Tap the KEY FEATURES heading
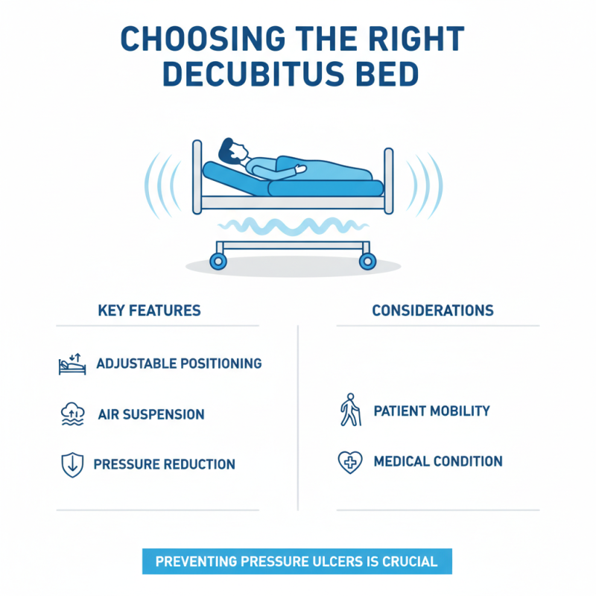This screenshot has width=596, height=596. pyautogui.click(x=149, y=310)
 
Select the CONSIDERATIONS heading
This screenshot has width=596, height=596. pyautogui.click(x=433, y=310)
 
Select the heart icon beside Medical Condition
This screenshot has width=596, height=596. pyautogui.click(x=349, y=462)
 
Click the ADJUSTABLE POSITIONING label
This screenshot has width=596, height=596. pyautogui.click(x=179, y=364)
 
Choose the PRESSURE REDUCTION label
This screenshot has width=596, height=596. pyautogui.click(x=164, y=465)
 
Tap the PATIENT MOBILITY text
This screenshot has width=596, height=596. pyautogui.click(x=431, y=411)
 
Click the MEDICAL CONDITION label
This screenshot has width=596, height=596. pyautogui.click(x=438, y=462)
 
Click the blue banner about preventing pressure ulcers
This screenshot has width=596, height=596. pyautogui.click(x=297, y=561)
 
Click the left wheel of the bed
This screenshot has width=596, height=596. pyautogui.click(x=218, y=261)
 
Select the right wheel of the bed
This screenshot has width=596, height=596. pyautogui.click(x=367, y=261)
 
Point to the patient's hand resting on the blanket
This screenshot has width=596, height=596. pyautogui.click(x=300, y=169)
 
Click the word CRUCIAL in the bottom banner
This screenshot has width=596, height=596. pyautogui.click(x=411, y=561)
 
